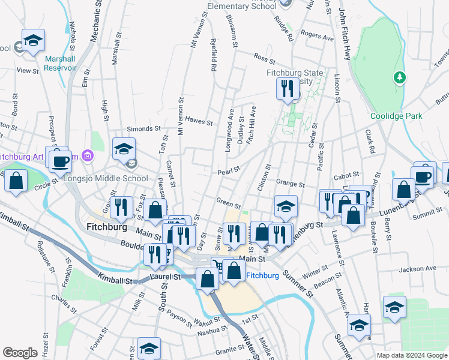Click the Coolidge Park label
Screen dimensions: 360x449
click(396, 116)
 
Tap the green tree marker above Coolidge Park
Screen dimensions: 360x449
click(399, 77)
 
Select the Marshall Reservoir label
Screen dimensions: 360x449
click(60, 63)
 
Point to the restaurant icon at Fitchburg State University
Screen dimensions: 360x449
click(287, 89)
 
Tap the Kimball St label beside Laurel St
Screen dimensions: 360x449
click(116, 280)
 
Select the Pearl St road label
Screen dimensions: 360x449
click(228, 171)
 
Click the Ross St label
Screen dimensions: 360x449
click(264, 58)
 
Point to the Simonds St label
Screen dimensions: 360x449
click(144, 128)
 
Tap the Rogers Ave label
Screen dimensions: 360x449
click(317, 37)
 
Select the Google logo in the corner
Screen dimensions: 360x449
click(20, 352)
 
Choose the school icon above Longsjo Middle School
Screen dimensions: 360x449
click(124, 148)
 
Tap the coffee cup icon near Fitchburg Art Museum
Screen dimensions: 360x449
click(60, 161)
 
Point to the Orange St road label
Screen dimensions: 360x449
click(291, 183)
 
